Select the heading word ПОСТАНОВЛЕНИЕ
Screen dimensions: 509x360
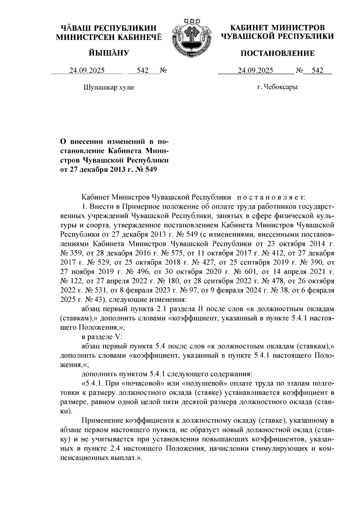point(278,53)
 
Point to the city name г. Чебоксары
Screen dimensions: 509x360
point(277,87)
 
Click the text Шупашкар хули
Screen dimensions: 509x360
point(108,88)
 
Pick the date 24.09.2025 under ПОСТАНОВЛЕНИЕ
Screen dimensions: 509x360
point(255,70)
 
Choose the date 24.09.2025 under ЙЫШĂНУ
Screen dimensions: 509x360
point(87,70)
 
